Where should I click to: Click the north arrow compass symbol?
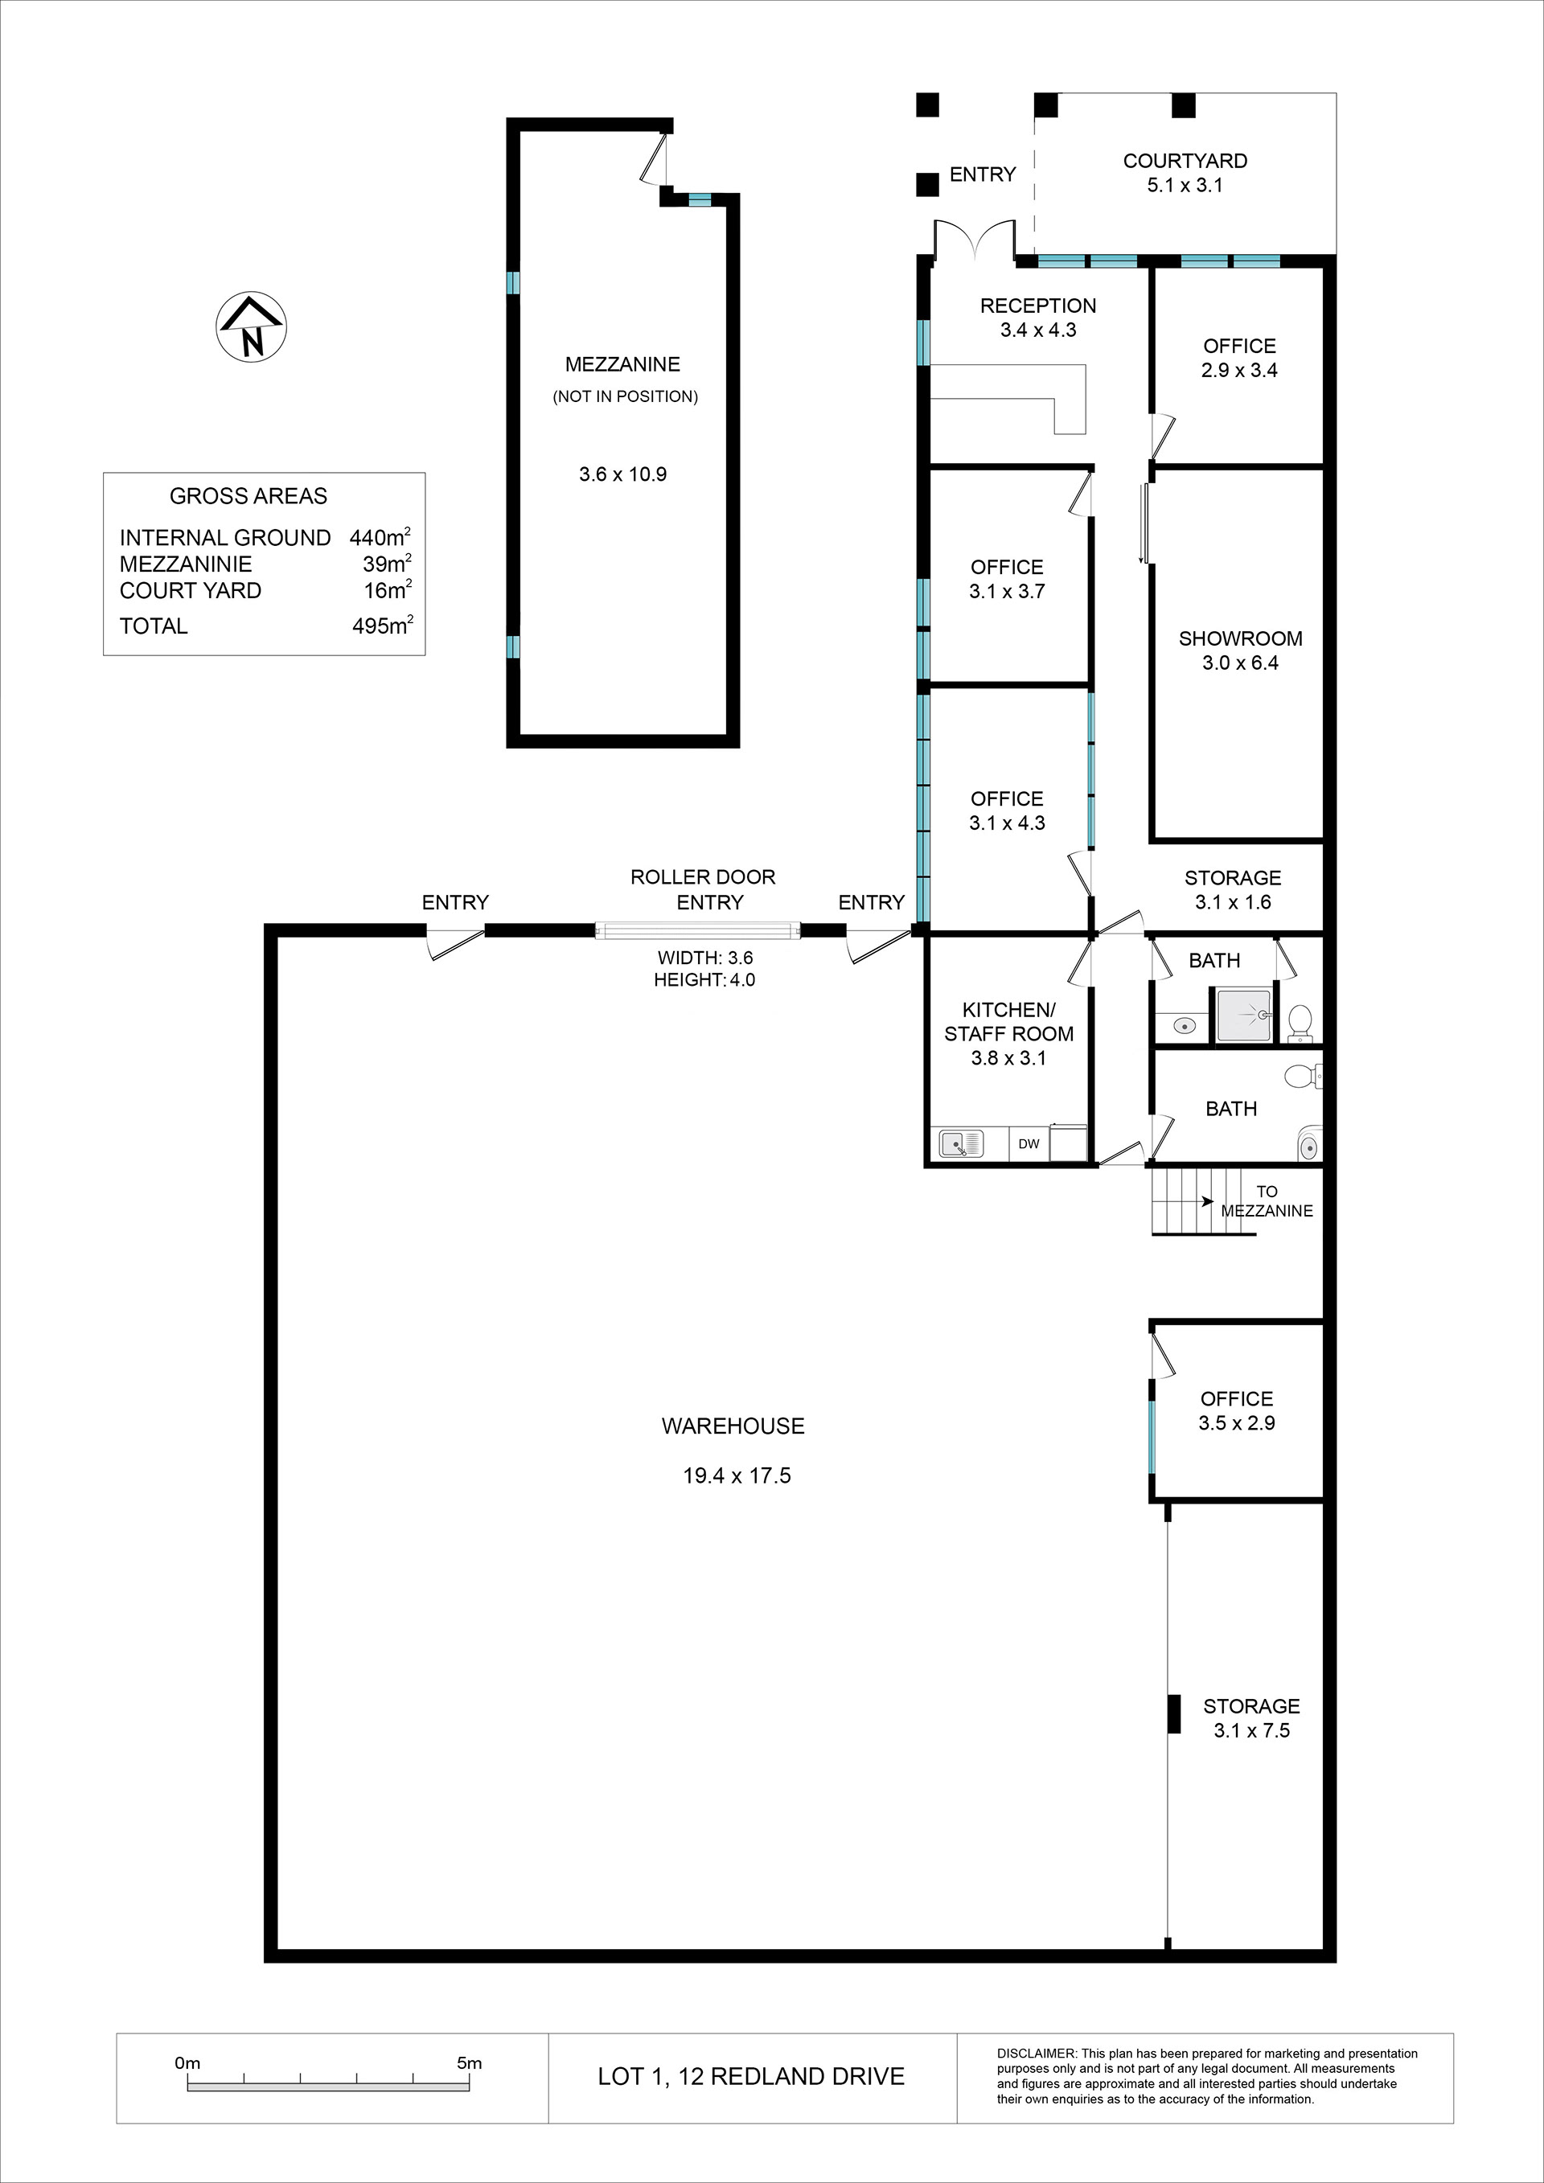pyautogui.click(x=252, y=326)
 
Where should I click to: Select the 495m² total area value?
pyautogui.click(x=382, y=626)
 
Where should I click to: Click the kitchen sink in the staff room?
pyautogui.click(x=961, y=1144)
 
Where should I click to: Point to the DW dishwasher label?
pyautogui.click(x=1029, y=1145)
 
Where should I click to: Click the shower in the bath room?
pyautogui.click(x=1243, y=1016)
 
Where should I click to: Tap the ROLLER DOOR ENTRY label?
pyautogui.click(x=704, y=890)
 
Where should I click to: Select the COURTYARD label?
pyautogui.click(x=1185, y=162)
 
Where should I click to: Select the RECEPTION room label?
pyautogui.click(x=1038, y=306)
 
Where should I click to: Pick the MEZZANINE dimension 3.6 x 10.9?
pyautogui.click(x=622, y=474)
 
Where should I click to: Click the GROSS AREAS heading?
pyautogui.click(x=248, y=496)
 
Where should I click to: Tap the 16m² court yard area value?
pyautogui.click(x=388, y=590)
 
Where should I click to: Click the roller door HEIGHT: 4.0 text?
pyautogui.click(x=704, y=980)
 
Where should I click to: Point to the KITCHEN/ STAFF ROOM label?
pyautogui.click(x=1008, y=1022)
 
